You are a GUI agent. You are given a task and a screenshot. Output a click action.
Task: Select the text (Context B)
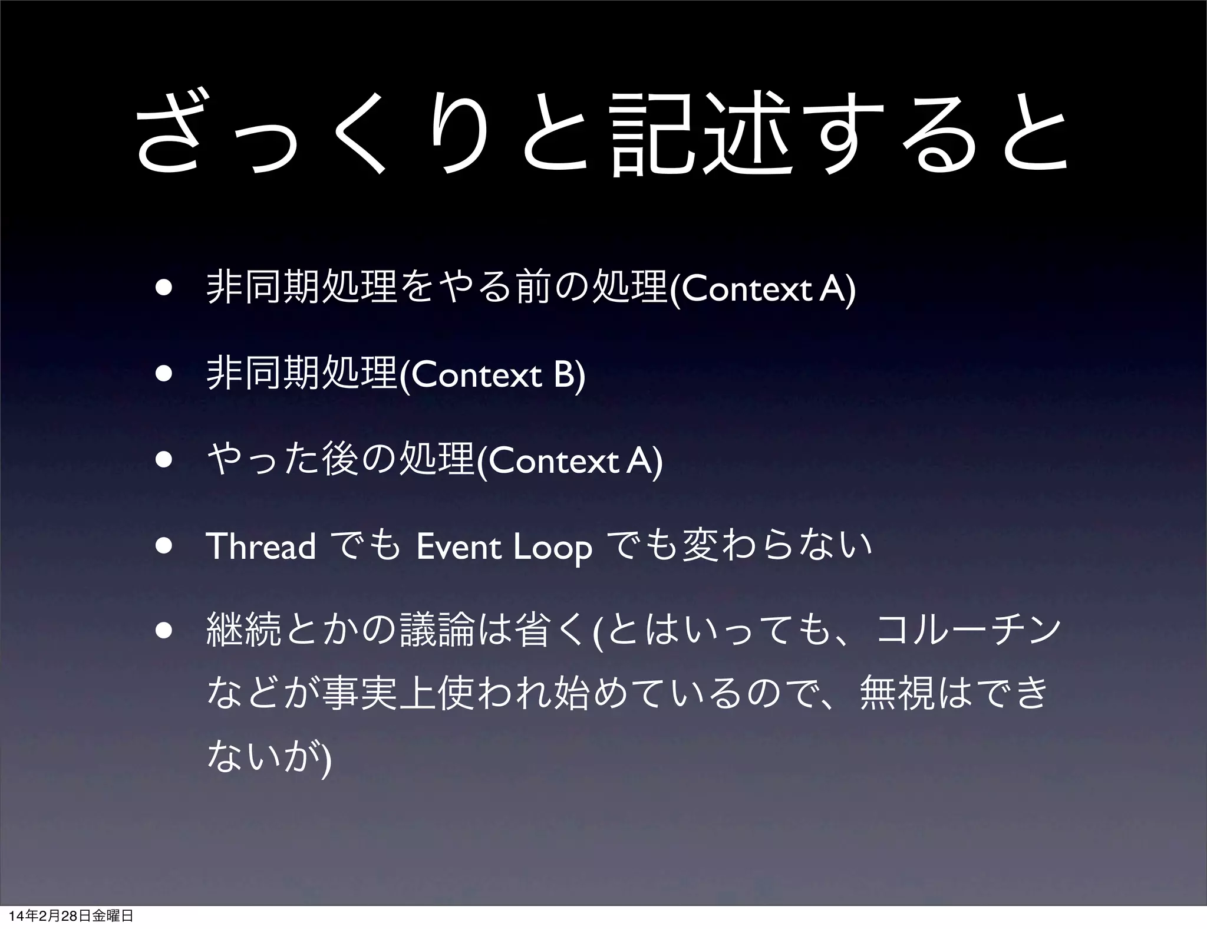[493, 375]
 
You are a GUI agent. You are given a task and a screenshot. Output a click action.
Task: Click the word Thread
[262, 546]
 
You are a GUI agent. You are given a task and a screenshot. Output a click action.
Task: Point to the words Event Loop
[504, 547]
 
